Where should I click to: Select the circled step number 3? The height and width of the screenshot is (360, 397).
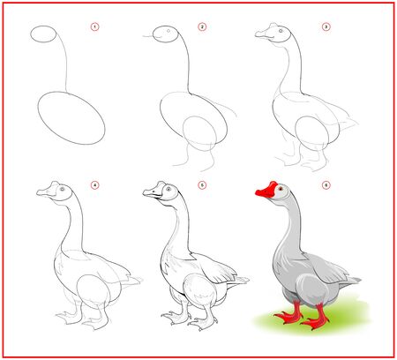(x=326, y=27)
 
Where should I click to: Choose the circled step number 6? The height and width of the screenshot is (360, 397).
(x=326, y=186)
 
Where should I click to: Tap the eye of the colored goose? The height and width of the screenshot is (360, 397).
(x=281, y=189)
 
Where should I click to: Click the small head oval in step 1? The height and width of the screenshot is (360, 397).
(x=46, y=35)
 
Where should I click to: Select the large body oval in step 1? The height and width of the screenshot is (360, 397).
(x=71, y=115)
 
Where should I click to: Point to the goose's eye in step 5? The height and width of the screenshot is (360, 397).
(x=165, y=190)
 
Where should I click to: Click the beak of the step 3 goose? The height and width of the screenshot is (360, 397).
(x=264, y=36)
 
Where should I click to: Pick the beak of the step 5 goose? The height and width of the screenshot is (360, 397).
(x=152, y=193)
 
